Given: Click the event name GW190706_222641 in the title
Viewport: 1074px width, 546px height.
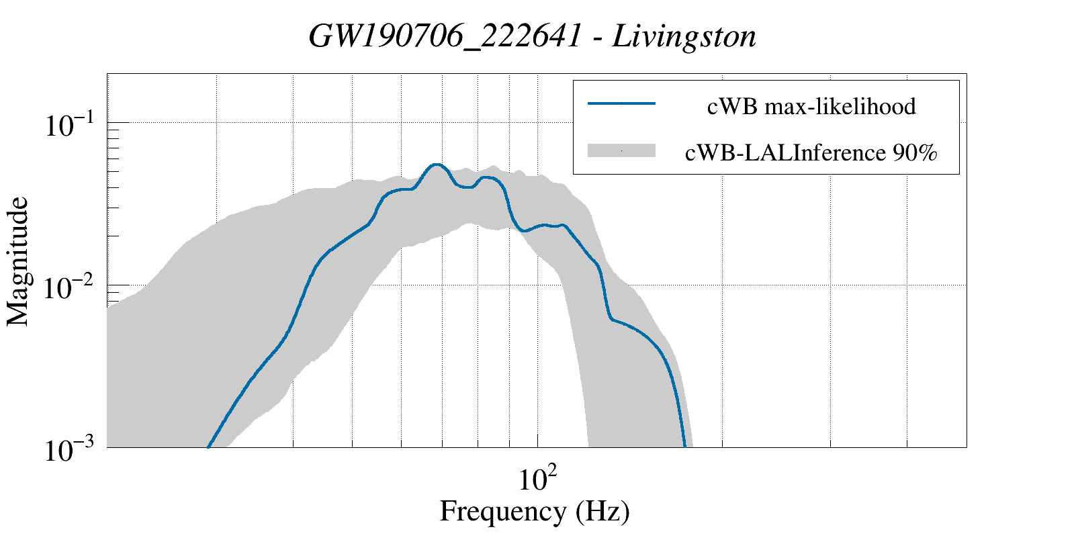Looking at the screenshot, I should [x=444, y=36].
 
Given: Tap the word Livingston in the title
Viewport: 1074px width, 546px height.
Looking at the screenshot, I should [x=684, y=36].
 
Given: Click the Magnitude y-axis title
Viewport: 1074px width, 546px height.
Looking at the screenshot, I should [x=18, y=261].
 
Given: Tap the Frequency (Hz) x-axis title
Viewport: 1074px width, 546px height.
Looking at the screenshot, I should [x=535, y=512].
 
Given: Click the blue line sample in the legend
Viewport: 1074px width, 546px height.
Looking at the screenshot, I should [x=621, y=103].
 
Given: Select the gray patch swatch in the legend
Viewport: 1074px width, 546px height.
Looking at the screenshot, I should [x=621, y=151].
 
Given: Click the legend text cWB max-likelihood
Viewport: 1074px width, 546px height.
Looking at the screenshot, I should [x=811, y=106].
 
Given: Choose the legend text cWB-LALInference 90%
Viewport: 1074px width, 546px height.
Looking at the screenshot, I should [x=811, y=153].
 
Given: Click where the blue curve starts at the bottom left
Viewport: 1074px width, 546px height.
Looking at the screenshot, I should [x=208, y=446].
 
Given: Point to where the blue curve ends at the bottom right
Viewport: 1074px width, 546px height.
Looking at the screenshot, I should [x=684, y=445].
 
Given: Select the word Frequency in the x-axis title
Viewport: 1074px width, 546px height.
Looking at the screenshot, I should [x=503, y=512].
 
